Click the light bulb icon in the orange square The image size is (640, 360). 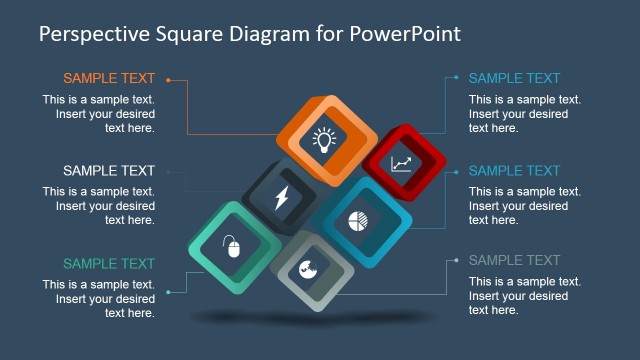(323, 140)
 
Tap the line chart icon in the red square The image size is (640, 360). (401, 163)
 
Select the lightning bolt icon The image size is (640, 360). (281, 197)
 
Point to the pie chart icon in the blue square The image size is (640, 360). (359, 221)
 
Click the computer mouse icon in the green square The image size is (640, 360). (234, 246)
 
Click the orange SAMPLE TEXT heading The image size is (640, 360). (109, 78)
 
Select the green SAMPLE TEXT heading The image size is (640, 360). (109, 264)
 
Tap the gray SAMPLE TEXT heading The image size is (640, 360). (514, 261)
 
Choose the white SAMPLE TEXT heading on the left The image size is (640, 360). (109, 171)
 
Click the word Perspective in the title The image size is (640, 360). (95, 34)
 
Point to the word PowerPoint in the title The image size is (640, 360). (406, 34)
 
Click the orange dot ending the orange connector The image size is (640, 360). (169, 79)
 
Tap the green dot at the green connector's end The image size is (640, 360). (169, 292)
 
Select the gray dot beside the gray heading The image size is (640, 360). (456, 262)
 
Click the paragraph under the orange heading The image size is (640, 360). (99, 114)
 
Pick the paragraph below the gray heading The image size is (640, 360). (525, 296)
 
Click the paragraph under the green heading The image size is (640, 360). (99, 299)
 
